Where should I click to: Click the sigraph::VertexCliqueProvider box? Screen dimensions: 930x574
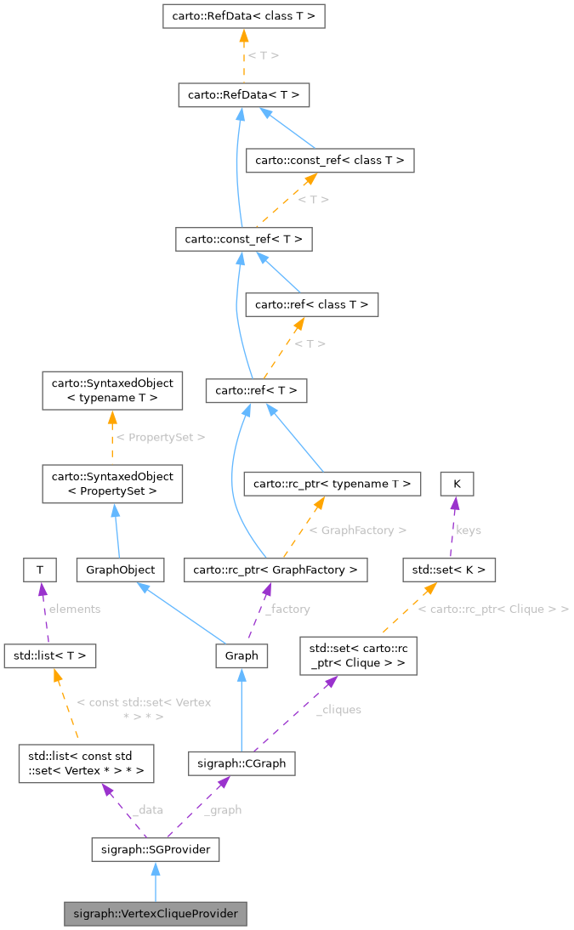pyautogui.click(x=155, y=915)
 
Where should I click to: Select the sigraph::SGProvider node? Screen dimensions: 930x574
pyautogui.click(x=155, y=848)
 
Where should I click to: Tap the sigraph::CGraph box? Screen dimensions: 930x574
pyautogui.click(x=242, y=763)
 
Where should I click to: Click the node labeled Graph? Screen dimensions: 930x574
pyautogui.click(x=242, y=655)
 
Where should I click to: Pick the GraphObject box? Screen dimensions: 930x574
pyautogui.click(x=119, y=570)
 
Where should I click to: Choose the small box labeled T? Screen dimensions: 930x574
pyautogui.click(x=39, y=570)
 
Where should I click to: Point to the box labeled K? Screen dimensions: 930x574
pyautogui.click(x=457, y=484)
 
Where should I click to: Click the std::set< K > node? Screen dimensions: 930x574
pyautogui.click(x=448, y=570)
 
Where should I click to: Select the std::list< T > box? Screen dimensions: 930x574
pyautogui.click(x=50, y=655)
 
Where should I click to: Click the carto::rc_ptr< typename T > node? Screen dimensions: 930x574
pyautogui.click(x=332, y=484)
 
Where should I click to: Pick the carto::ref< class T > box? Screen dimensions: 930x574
pyautogui.click(x=311, y=304)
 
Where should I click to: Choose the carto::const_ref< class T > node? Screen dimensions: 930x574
pyautogui.click(x=329, y=160)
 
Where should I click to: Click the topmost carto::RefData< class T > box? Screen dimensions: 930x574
pyautogui.click(x=244, y=15)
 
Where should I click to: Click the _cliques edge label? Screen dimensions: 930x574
pyautogui.click(x=338, y=710)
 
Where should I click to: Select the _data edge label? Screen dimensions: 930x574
pyautogui.click(x=147, y=810)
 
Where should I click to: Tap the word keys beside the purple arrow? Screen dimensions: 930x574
pyautogui.click(x=469, y=530)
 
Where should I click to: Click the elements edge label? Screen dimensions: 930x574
pyautogui.click(x=75, y=609)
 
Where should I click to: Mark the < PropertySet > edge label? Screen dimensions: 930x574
pyautogui.click(x=161, y=437)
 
